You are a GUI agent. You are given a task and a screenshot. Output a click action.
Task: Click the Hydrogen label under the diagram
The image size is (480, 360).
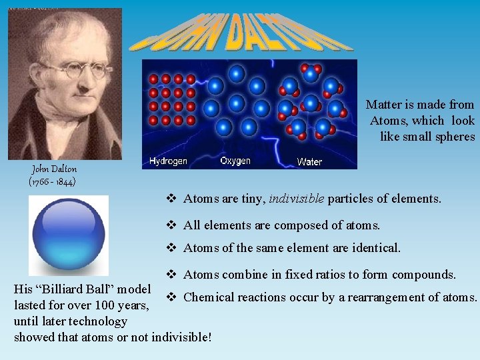pos(168,161)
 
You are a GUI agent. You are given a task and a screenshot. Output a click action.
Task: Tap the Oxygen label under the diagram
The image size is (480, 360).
pos(235,160)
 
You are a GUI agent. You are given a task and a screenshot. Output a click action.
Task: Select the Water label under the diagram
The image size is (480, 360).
pos(309,161)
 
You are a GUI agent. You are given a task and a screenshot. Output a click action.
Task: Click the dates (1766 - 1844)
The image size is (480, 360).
pos(53,181)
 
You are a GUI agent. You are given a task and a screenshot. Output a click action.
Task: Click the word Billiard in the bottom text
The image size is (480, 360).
pos(71,289)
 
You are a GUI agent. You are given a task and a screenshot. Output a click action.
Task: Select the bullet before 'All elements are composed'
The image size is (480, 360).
pos(171,225)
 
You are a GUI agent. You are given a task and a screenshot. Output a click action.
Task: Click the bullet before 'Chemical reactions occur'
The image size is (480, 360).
pos(171,297)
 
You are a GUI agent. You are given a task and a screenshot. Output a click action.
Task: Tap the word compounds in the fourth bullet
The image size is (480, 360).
pos(424,275)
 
